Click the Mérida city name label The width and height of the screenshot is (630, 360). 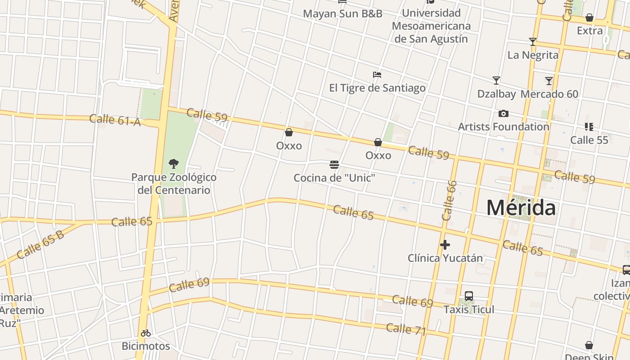(521, 208)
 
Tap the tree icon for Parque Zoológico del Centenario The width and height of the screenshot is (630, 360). (173, 164)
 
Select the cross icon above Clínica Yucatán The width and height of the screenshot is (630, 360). (445, 245)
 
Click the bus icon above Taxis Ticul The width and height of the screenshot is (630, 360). (468, 296)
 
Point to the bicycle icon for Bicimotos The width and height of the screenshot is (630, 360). (145, 333)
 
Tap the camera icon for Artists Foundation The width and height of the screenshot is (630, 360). (503, 113)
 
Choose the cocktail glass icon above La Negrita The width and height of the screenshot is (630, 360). (533, 42)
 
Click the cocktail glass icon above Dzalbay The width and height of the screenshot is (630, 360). (496, 81)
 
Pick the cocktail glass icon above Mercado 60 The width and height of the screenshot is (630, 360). (549, 81)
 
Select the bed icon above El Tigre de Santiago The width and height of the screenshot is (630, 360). (377, 74)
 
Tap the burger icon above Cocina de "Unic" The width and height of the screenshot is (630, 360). (334, 165)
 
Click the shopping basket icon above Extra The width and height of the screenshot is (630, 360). (589, 18)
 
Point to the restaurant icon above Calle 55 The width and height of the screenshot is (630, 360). (589, 127)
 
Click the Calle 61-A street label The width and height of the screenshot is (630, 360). (115, 120)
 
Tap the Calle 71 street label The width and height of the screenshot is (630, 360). (406, 329)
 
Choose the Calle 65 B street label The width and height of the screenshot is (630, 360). (40, 244)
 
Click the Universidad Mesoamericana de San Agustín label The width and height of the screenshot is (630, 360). (431, 26)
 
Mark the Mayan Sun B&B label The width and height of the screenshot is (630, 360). (342, 13)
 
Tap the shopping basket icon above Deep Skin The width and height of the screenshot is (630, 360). (589, 346)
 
